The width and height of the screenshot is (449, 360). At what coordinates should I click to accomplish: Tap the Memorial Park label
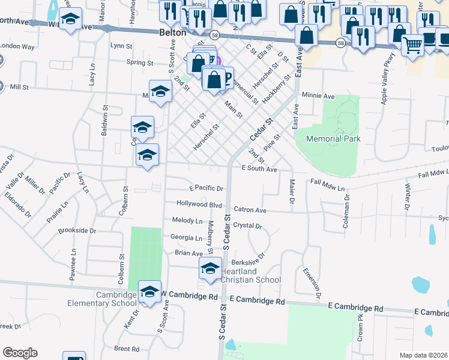point(333,139)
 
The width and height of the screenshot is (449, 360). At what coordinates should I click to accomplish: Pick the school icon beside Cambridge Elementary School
point(149,292)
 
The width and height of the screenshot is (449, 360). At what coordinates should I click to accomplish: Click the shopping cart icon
point(412,43)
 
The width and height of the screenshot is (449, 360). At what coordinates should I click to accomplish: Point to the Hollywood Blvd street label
point(199,204)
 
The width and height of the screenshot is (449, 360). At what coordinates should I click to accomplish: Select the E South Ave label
point(259,170)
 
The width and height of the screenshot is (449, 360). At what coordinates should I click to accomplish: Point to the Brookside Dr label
point(77,230)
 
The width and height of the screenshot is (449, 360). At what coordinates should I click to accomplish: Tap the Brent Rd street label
point(126,349)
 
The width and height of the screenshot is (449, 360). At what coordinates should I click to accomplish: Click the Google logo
point(20,353)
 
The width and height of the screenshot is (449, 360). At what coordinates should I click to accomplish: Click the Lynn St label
point(121,46)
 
